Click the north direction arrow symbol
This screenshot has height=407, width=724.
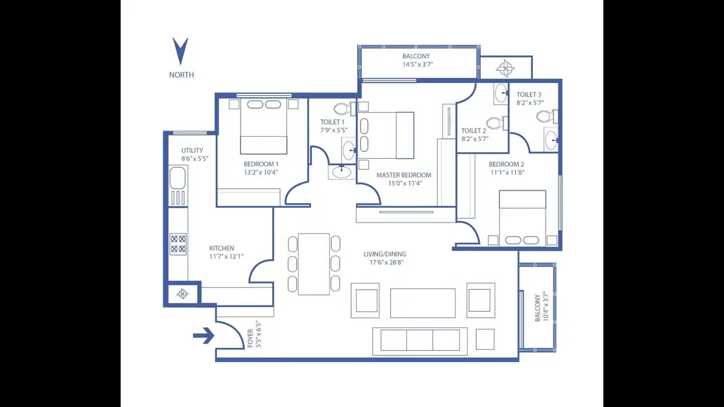[180, 52]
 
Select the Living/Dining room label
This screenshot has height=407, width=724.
[385, 254]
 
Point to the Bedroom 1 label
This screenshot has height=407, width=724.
[261, 164]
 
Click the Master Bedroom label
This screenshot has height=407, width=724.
[404, 175]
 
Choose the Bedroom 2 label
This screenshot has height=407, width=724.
[506, 164]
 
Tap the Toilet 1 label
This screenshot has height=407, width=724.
[333, 122]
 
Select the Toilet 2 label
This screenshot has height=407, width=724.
[473, 131]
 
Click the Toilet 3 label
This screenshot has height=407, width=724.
[530, 95]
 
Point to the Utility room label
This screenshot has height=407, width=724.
[192, 150]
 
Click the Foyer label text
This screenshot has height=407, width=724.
[251, 338]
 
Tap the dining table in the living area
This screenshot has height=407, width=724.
[314, 264]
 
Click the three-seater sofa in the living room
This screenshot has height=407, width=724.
[420, 340]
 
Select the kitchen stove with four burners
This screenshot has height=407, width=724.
[178, 243]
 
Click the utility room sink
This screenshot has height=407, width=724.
[177, 178]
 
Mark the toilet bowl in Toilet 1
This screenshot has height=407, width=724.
[342, 109]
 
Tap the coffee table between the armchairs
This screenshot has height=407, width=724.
[423, 303]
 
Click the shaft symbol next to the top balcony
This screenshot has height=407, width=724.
[505, 68]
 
